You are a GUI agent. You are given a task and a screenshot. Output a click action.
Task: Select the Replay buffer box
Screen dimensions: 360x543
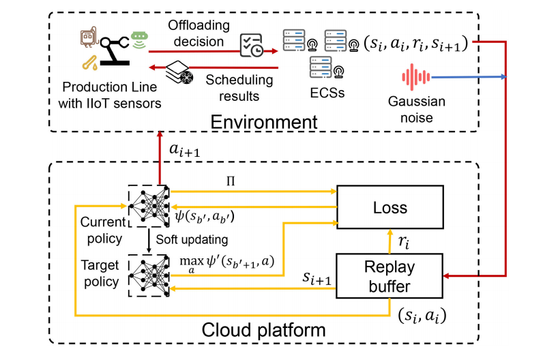tap(385, 275)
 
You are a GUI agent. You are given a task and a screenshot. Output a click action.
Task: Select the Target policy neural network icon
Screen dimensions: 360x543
tap(149, 274)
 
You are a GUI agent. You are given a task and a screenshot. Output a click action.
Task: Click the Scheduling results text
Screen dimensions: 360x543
tap(239, 87)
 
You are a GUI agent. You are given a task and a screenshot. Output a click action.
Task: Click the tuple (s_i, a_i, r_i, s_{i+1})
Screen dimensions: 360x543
tap(414, 43)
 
